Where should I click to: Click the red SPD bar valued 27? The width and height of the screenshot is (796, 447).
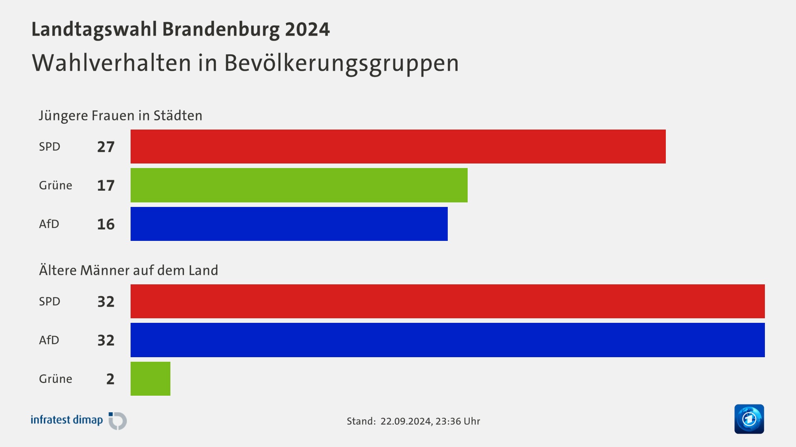(x=398, y=147)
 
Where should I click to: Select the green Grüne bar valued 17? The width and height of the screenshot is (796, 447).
(x=299, y=185)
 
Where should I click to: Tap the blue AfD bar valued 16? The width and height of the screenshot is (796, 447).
(x=289, y=224)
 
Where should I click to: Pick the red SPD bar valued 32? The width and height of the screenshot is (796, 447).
(x=447, y=301)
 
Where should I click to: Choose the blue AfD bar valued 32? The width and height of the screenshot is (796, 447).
(x=447, y=340)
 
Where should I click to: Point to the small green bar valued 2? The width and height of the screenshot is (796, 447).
(x=150, y=379)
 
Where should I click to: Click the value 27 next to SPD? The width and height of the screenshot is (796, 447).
(x=106, y=147)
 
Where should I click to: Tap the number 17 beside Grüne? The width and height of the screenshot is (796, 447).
(x=106, y=185)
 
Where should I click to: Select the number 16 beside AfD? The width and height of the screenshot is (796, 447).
(x=106, y=224)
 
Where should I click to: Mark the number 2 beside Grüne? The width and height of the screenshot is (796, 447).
(x=110, y=379)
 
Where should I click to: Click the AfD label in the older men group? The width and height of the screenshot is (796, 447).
(x=49, y=340)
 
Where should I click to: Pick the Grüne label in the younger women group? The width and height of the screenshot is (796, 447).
(x=56, y=185)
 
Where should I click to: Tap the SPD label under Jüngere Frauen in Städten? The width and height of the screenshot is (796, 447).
(x=50, y=147)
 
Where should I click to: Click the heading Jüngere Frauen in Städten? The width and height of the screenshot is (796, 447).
(x=121, y=115)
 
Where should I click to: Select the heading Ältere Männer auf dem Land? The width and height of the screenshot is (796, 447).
(x=129, y=270)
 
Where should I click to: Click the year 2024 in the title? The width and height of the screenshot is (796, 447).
(x=307, y=29)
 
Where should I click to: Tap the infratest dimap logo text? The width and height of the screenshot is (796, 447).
(x=67, y=420)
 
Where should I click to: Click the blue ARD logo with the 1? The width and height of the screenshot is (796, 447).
(x=749, y=419)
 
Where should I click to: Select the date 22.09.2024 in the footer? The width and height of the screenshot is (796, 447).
(x=405, y=421)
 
